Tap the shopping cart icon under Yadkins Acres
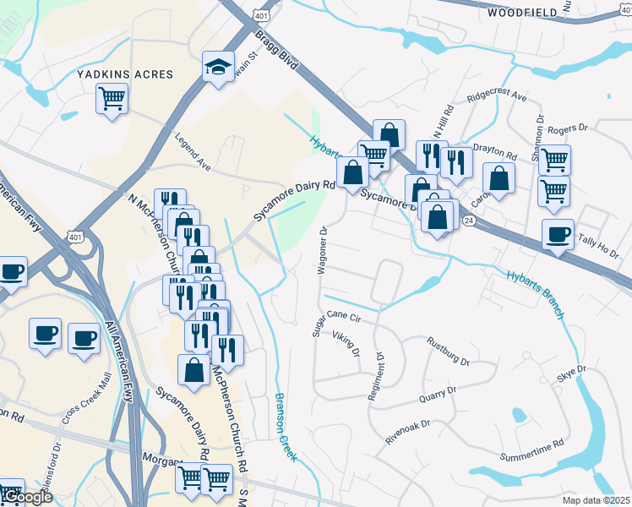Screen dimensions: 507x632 click(112, 100)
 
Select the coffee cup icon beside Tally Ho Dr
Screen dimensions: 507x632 click(558, 235)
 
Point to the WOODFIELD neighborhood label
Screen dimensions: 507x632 click(523, 13)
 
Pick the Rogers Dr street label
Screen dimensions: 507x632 click(567, 129)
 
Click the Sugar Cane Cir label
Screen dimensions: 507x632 click(337, 323)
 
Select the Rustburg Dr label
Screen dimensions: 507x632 click(448, 352)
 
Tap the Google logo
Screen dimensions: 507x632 click(26, 498)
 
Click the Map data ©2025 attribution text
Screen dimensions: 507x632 click(596, 500)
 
